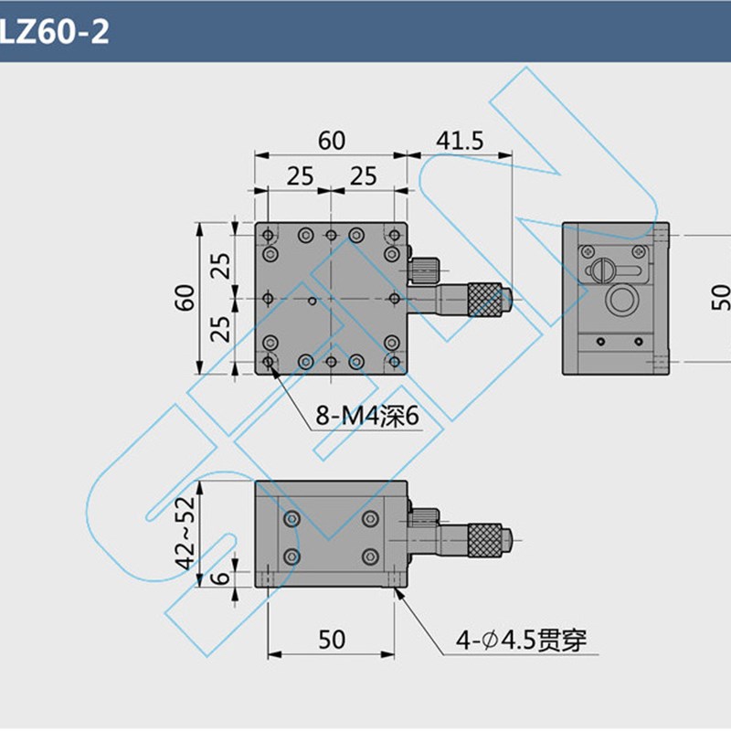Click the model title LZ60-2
pyautogui.click(x=55, y=32)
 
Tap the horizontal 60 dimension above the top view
pyautogui.click(x=331, y=141)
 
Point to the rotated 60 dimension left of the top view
pyautogui.click(x=186, y=298)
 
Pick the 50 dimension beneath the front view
pyautogui.click(x=332, y=639)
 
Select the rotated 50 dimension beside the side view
pyautogui.click(x=719, y=298)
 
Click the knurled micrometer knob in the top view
pyautogui.click(x=486, y=299)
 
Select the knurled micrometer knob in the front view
pyautogui.click(x=485, y=539)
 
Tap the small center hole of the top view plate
pyautogui.click(x=313, y=300)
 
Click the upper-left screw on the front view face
pyautogui.click(x=291, y=520)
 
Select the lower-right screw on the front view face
pyautogui.click(x=370, y=556)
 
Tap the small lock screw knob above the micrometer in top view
pyautogui.click(x=424, y=269)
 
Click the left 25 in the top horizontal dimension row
pyautogui.click(x=299, y=176)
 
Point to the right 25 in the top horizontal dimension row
pyautogui.click(x=363, y=176)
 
